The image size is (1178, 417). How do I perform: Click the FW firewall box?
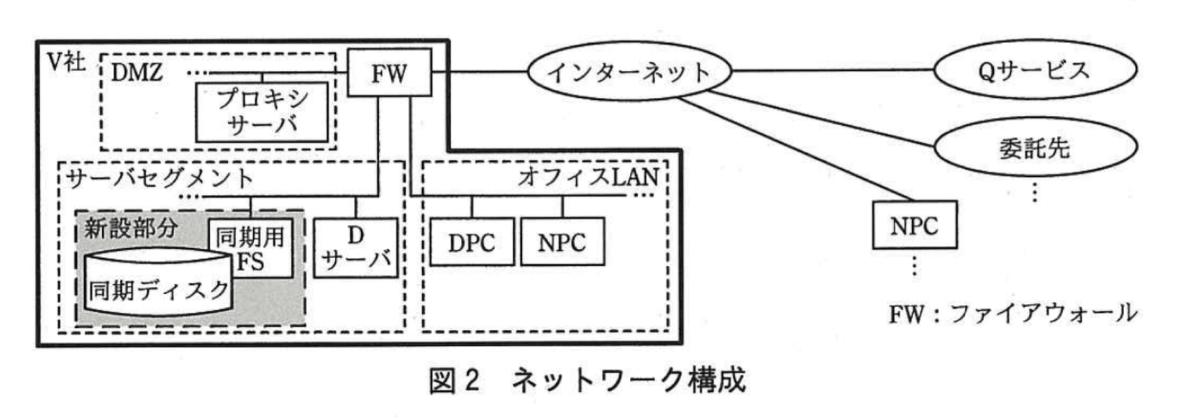click(x=389, y=73)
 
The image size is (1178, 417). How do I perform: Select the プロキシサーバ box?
click(x=262, y=111)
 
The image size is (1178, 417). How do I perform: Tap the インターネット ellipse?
click(x=629, y=72)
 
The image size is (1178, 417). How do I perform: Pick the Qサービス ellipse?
click(x=1035, y=70)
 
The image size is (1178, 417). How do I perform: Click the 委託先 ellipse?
click(x=1035, y=147)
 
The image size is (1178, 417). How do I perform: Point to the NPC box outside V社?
click(x=914, y=225)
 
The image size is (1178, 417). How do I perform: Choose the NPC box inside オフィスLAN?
click(x=562, y=242)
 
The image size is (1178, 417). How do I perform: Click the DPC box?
click(x=472, y=242)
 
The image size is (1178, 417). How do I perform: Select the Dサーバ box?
click(x=356, y=248)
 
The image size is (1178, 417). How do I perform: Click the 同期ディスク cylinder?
click(x=158, y=288)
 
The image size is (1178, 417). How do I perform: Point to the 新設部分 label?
click(x=131, y=229)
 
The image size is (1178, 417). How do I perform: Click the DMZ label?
click(x=137, y=72)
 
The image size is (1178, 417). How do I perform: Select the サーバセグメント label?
click(x=160, y=178)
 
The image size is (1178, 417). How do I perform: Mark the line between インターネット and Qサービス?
click(x=832, y=70)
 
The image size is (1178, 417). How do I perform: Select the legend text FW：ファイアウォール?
click(x=1013, y=313)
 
